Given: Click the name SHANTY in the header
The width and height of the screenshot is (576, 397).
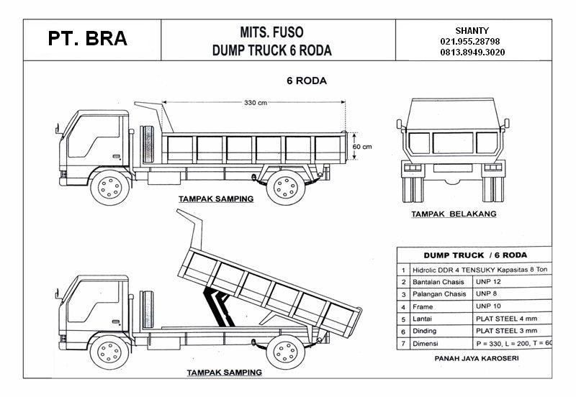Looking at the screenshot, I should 472,30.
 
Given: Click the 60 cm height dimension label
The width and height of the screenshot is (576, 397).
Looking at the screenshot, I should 362,146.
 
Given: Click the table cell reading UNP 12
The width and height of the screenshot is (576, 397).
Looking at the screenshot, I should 487,281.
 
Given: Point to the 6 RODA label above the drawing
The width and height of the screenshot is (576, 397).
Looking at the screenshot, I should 307,81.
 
